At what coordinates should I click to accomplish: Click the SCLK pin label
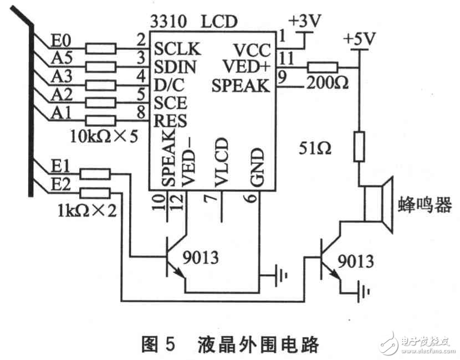[173, 49]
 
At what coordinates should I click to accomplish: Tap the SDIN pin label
[173, 67]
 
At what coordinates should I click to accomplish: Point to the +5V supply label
[359, 41]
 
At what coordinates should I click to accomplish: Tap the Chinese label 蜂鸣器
[425, 205]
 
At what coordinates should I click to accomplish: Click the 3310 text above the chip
[167, 22]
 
